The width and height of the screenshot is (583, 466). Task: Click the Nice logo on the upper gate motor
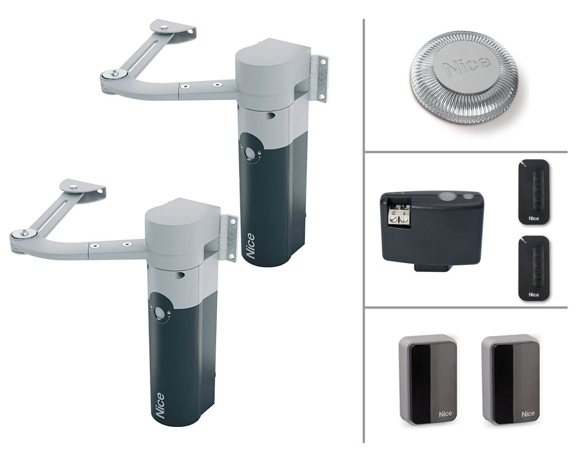pyautogui.click(x=251, y=246)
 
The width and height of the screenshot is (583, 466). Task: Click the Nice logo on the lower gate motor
pyautogui.click(x=160, y=405)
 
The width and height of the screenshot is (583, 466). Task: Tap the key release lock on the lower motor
pyautogui.click(x=160, y=313)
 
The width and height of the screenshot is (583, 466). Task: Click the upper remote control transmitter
pyautogui.click(x=534, y=192)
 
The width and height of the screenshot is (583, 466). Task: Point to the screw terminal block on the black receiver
pyautogui.click(x=399, y=216)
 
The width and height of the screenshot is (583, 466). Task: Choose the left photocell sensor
pyautogui.click(x=428, y=379)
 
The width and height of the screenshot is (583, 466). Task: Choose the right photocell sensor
pyautogui.click(x=511, y=379)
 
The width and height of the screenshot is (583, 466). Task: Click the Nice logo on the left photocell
pyautogui.click(x=445, y=414)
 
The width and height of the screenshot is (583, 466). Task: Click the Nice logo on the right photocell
pyautogui.click(x=528, y=414)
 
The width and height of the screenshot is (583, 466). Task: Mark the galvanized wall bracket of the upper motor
pyautogui.click(x=319, y=79)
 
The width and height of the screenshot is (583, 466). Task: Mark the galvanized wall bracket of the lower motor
pyautogui.click(x=228, y=238)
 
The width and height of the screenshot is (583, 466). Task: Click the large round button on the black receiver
pyautogui.click(x=444, y=196)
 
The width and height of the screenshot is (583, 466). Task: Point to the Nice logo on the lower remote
pyautogui.click(x=533, y=295)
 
